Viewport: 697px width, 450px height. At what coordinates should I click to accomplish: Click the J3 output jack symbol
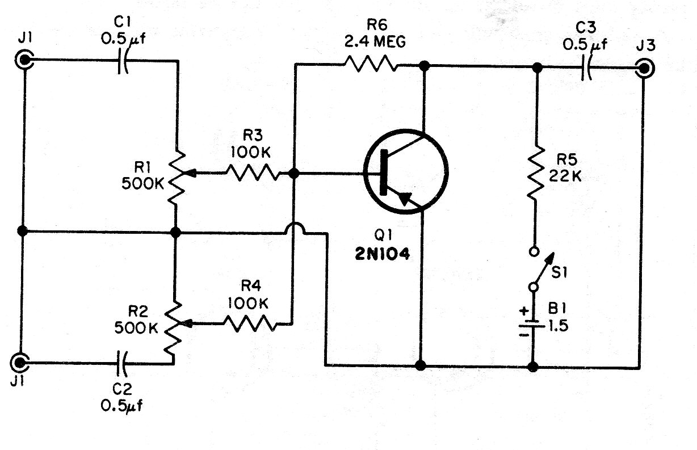pos(645,69)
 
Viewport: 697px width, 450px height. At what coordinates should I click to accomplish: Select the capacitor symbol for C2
pos(121,363)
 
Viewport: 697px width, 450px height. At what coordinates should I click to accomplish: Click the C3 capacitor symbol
pos(586,68)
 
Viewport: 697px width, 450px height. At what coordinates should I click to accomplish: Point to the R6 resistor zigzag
pos(370,64)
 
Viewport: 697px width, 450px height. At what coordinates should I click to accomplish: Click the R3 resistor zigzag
pos(252,173)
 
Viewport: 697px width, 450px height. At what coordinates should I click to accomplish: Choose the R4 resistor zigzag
pos(250,323)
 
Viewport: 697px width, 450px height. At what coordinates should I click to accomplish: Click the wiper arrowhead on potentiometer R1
pos(191,173)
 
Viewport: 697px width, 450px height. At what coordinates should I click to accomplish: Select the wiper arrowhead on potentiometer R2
pos(186,323)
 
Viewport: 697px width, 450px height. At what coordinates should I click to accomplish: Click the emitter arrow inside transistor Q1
pos(405,199)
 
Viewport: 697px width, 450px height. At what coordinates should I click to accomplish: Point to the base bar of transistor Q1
pos(384,173)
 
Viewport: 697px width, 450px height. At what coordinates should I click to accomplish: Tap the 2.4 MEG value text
pos(375,41)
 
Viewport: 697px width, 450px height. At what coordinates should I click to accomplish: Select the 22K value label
pos(565,176)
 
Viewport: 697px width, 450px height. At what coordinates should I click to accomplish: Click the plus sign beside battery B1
pos(524,310)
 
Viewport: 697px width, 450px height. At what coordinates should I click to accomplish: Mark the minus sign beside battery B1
pos(524,335)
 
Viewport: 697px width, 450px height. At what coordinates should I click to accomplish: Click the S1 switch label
pos(559,273)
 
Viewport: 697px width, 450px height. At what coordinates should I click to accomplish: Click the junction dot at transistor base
pos(293,173)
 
